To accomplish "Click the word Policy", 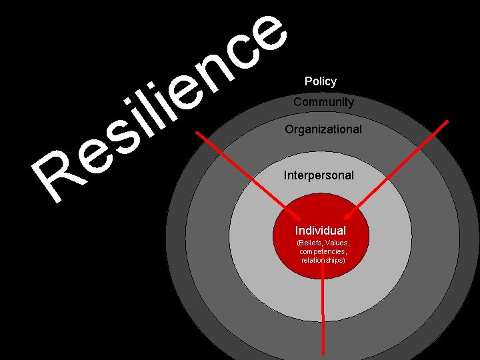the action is (321, 81).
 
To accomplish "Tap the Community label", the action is (323, 102).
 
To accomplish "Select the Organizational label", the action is (323, 129).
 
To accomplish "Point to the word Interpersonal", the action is (319, 175).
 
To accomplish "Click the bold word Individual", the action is (321, 231).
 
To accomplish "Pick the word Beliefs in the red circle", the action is (311, 243).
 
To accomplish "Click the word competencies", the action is (322, 252).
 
